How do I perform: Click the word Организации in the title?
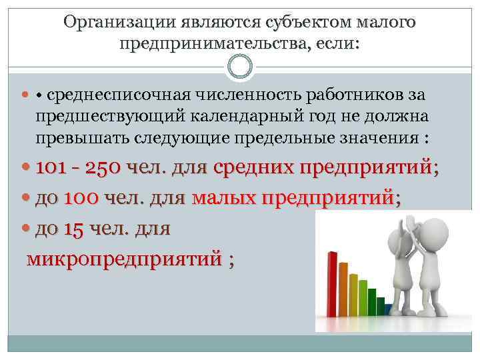pos(119,22)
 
